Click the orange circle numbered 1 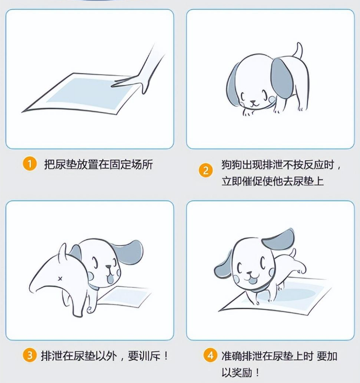tap(30, 164)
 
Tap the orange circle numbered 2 tap(205, 171)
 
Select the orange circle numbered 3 tap(30, 355)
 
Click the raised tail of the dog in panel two tap(297, 52)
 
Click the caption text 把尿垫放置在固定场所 tap(98, 164)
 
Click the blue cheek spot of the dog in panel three tap(112, 278)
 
